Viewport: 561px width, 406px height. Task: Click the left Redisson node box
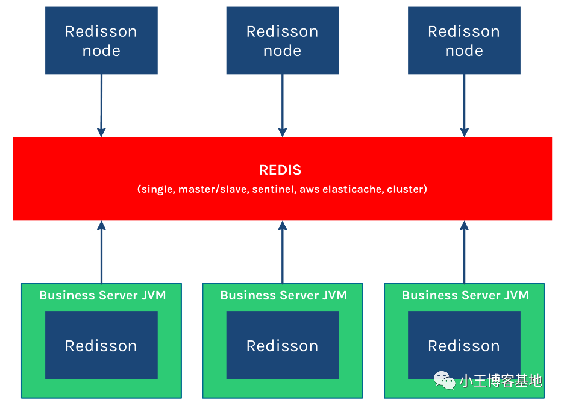tap(101, 40)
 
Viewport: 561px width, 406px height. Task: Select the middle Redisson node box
tap(282, 40)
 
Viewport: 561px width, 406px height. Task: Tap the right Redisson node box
tap(464, 40)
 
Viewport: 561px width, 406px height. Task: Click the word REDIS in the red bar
tap(280, 170)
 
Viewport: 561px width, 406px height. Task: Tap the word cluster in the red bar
tap(406, 189)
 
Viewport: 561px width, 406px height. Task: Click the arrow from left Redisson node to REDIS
tap(101, 105)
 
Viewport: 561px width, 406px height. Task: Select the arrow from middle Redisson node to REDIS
tap(282, 105)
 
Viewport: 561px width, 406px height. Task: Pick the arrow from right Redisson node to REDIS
tap(464, 105)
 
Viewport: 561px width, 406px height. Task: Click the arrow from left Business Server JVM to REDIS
tap(101, 252)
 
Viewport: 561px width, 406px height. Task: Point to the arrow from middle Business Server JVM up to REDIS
tap(282, 252)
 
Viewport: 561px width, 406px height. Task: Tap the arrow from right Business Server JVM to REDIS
tap(464, 252)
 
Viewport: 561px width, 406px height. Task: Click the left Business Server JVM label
tap(102, 295)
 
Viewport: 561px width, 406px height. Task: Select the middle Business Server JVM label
tap(283, 295)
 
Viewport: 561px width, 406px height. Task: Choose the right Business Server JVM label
tap(465, 295)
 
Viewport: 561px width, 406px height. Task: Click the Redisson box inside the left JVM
tap(101, 345)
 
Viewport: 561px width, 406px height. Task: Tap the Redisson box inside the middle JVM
tap(282, 345)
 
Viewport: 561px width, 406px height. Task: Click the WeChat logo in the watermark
tap(444, 380)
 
